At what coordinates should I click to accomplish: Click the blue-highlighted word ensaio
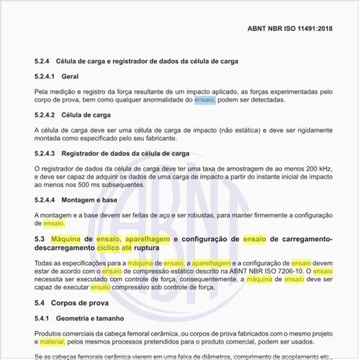tap(204, 99)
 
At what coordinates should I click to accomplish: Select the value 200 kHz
tap(318, 169)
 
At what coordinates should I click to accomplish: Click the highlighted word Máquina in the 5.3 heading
tap(66, 238)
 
